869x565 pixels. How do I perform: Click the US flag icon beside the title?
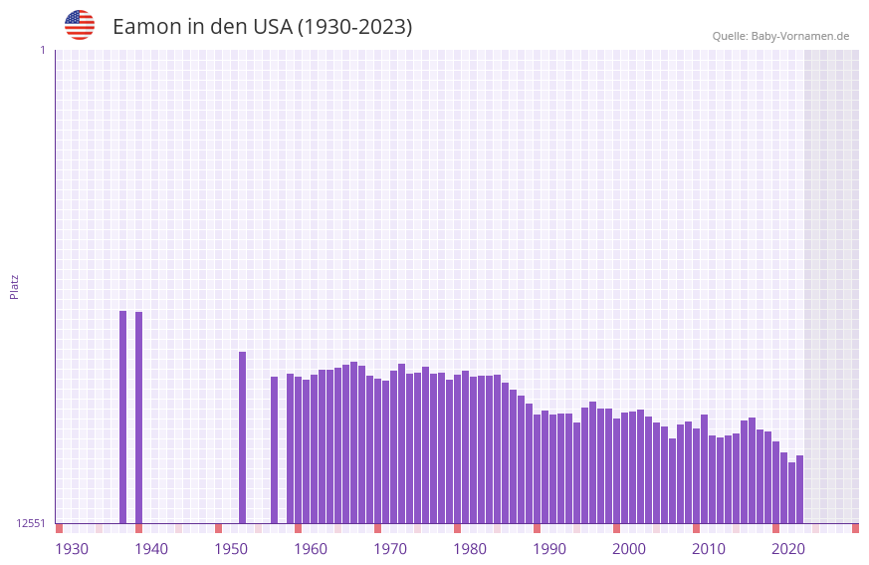coord(80,25)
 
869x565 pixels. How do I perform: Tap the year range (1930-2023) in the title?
coord(354,27)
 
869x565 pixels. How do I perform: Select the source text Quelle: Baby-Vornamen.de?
coord(780,36)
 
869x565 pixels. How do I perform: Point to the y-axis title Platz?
coord(14,286)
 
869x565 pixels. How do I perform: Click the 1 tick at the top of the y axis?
coord(42,50)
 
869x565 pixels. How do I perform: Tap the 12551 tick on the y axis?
coord(31,523)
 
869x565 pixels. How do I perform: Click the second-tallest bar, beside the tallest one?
coord(139,418)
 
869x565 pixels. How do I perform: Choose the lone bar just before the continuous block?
coord(274,449)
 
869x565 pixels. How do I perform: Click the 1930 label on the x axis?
coord(72,549)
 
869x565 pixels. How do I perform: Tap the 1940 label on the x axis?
coord(151,549)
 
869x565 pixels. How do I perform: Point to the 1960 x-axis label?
coord(311,549)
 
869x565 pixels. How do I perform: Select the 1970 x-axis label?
coord(390,549)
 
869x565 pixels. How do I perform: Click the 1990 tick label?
coord(549,549)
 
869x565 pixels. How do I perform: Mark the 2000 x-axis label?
coord(629,549)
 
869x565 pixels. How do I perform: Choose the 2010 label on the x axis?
coord(709,549)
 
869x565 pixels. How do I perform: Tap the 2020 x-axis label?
coord(788,549)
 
